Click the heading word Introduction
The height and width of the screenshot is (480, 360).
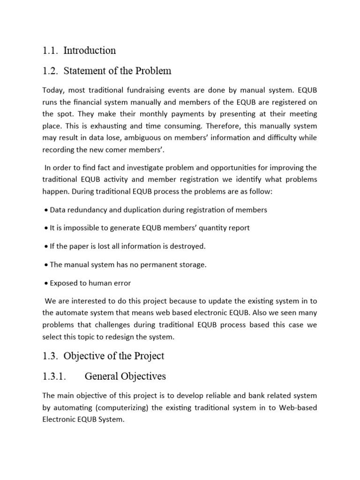[90, 50]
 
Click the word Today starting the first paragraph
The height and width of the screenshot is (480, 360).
[53, 90]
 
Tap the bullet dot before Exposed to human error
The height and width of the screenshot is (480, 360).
[46, 283]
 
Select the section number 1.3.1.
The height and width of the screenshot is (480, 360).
[56, 376]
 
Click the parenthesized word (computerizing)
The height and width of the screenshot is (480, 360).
[118, 407]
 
